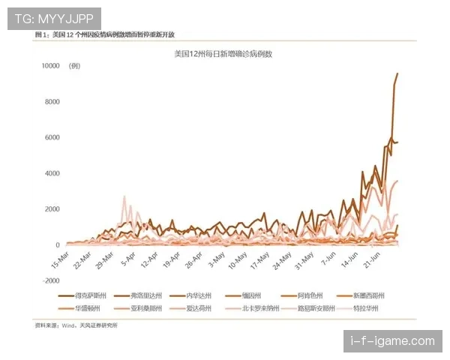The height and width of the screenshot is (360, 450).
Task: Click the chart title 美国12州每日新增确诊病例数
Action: (x=222, y=54)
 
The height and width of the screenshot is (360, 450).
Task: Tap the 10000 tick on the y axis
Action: (x=49, y=66)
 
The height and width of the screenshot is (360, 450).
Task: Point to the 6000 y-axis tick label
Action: (x=51, y=138)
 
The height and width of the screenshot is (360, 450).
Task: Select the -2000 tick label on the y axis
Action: (x=49, y=280)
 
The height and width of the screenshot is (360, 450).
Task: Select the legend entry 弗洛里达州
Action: (x=150, y=295)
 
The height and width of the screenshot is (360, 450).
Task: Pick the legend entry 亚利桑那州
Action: (x=150, y=308)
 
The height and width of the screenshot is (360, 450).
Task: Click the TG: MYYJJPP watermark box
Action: (x=54, y=18)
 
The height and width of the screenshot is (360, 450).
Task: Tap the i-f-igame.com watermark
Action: (x=393, y=341)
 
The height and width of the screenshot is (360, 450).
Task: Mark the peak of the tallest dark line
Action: (x=397, y=73)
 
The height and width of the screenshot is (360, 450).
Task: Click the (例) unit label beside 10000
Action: (x=74, y=66)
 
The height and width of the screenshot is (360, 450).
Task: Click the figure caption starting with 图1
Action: (x=104, y=35)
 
